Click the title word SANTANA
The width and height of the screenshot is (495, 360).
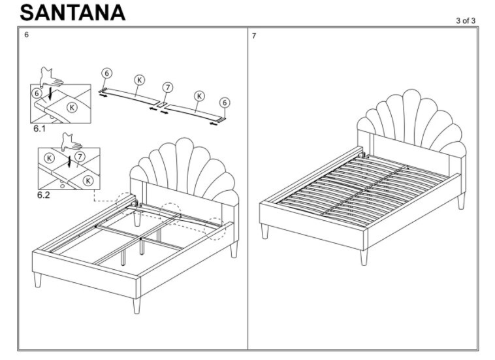[72, 12]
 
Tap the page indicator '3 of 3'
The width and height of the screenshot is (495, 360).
[466, 21]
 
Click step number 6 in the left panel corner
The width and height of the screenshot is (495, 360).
[27, 35]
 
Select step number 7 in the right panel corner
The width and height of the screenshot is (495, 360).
[254, 35]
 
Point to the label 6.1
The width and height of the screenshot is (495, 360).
[40, 129]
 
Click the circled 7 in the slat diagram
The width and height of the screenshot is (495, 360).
[168, 88]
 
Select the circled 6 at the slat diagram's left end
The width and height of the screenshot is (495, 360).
[107, 74]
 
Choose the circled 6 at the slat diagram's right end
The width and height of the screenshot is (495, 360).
[224, 103]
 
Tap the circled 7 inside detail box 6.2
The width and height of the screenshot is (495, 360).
[80, 156]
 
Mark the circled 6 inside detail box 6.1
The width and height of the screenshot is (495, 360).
[37, 93]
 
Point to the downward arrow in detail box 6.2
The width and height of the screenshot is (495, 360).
[69, 161]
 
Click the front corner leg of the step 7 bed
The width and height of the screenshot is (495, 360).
[364, 256]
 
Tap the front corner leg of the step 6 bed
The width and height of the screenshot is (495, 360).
[136, 304]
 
